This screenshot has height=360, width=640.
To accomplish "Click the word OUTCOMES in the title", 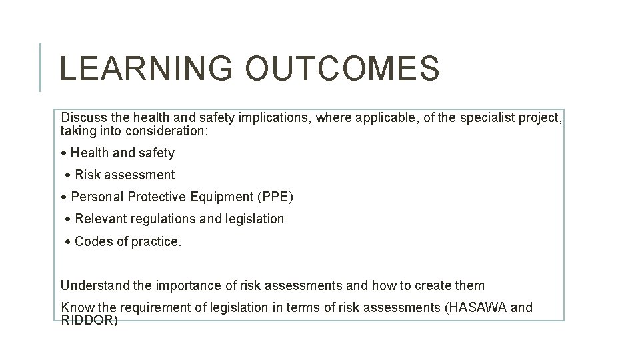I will coord(342,69).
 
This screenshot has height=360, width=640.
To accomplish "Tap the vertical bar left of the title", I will coord(41,67).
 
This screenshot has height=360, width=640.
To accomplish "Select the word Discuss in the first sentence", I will coord(83,118).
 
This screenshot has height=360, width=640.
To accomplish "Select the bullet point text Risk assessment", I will coord(125,175).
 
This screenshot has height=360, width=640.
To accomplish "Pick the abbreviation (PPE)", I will coord(274,197).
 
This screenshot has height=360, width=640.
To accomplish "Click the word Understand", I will coord(95,285).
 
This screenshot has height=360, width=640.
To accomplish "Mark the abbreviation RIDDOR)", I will coord(89,320).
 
